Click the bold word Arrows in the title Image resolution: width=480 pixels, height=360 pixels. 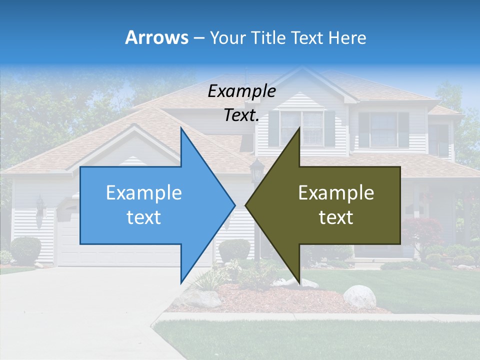pos(156,37)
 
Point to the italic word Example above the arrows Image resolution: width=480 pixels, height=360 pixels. pos(241,91)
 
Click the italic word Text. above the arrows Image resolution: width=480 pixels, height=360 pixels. pos(241,115)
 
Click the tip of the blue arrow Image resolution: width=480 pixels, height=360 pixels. pos(234,205)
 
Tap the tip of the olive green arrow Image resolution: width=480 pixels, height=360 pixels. pos(246,205)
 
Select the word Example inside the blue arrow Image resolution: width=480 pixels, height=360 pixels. pos(144,193)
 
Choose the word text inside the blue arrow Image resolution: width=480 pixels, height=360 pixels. pos(144,217)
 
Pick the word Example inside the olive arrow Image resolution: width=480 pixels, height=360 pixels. pos(336,193)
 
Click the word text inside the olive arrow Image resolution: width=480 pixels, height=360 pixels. pos(336,217)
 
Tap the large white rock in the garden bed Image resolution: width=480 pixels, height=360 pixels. pos(359,296)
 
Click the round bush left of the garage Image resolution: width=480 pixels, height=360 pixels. pos(25,249)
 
